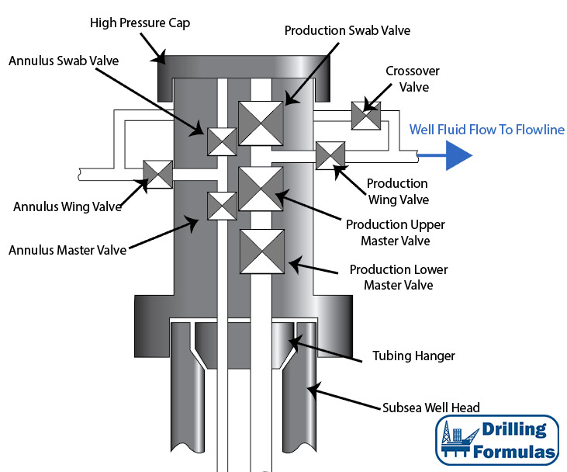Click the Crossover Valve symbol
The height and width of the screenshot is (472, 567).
pyautogui.click(x=365, y=116)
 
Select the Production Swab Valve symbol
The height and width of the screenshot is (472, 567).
pyautogui.click(x=261, y=123)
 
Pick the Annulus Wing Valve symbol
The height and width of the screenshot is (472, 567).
pyautogui.click(x=158, y=173)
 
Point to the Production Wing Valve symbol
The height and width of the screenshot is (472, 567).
pyautogui.click(x=330, y=154)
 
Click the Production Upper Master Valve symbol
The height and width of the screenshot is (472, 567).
pyautogui.click(x=261, y=189)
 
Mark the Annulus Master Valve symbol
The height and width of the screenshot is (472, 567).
pyautogui.click(x=222, y=206)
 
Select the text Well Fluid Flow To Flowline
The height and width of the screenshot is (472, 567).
pyautogui.click(x=487, y=130)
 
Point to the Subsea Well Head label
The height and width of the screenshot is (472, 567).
pyautogui.click(x=431, y=407)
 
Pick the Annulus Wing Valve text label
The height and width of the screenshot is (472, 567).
pyautogui.click(x=67, y=206)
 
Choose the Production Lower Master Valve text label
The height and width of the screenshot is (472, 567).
pyautogui.click(x=399, y=277)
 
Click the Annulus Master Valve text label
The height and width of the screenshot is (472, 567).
pyautogui.click(x=67, y=250)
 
